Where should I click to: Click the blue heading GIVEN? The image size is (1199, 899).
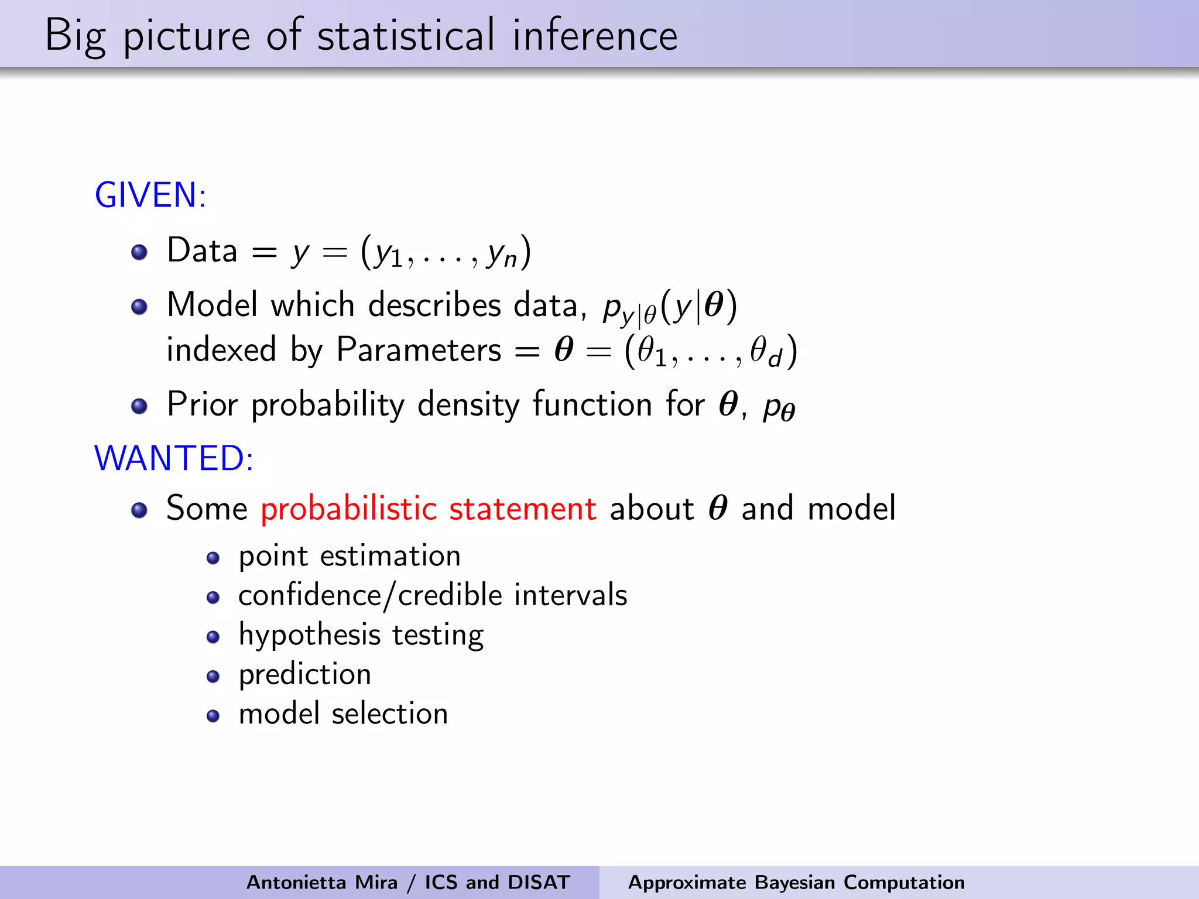(x=150, y=195)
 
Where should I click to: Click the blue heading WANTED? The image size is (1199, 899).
(x=174, y=458)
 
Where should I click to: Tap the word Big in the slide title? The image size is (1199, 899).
(x=75, y=36)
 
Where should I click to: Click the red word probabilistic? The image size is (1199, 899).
(x=349, y=508)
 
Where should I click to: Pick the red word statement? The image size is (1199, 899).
(x=522, y=508)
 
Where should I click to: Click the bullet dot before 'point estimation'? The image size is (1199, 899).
(x=213, y=558)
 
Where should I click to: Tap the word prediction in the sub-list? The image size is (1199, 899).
(x=304, y=674)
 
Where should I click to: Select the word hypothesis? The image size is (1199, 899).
(x=310, y=636)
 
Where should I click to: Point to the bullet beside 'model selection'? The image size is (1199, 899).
(x=213, y=716)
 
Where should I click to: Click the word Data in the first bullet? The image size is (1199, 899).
(x=202, y=251)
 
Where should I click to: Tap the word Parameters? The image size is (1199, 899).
(x=419, y=350)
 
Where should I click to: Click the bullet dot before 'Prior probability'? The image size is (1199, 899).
(x=139, y=406)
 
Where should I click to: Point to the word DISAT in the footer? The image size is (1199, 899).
(x=539, y=882)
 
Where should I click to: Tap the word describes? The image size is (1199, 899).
(x=434, y=305)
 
